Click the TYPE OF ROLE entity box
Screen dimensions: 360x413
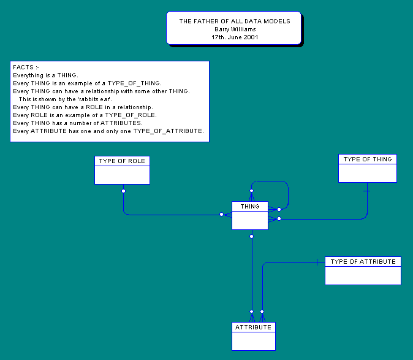[x=122, y=170]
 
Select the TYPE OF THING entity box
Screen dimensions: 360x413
[x=368, y=168]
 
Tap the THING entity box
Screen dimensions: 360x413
[x=250, y=215]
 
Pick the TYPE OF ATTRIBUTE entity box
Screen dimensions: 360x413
[x=363, y=270]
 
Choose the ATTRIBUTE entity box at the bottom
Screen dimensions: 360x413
[x=253, y=336]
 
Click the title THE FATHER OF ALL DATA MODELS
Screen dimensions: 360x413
[x=235, y=21]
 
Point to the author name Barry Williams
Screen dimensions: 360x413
[x=235, y=29]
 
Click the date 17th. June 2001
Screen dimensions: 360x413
[x=235, y=37]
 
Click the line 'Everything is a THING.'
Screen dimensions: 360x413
[x=45, y=75]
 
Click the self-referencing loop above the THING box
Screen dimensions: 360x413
[x=270, y=182]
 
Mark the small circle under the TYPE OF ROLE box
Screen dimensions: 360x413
[x=123, y=191]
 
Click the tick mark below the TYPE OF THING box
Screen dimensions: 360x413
[x=367, y=191]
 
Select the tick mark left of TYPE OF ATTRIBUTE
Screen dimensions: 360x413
[x=317, y=262]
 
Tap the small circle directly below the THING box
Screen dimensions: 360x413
[x=251, y=236]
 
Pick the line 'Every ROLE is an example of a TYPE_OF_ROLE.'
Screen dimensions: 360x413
[x=85, y=115]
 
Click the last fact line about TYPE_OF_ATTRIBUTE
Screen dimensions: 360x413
[x=108, y=131]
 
